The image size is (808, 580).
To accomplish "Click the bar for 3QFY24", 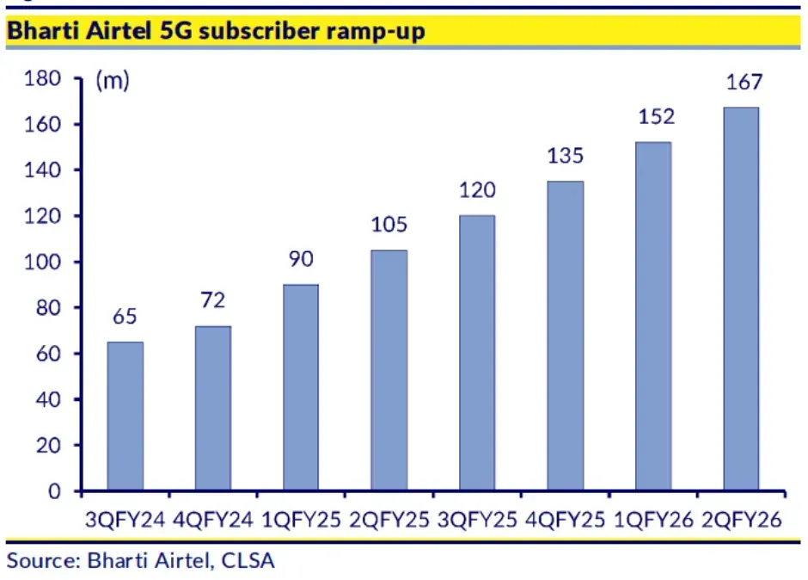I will tap(125, 416).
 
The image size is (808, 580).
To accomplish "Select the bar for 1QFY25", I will tap(301, 387).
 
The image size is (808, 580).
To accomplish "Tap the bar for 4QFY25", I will tap(566, 336).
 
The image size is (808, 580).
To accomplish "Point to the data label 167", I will tap(742, 83).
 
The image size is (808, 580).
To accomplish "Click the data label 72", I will tap(212, 301).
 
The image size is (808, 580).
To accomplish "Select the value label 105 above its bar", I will tap(389, 225).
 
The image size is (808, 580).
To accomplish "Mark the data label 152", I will tap(653, 117).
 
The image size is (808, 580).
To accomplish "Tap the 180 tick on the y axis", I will tap(48, 79).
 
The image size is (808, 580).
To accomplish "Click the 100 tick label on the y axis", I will tap(48, 262).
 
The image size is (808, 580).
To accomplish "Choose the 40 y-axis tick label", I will tap(52, 400).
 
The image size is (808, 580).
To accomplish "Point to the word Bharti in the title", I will tap(39, 31).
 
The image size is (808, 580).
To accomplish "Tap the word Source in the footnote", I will tap(42, 560).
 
